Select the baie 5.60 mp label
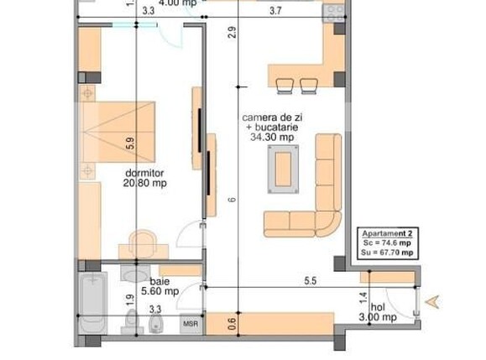point(159,287)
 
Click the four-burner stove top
point(334,11)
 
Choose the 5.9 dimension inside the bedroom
point(129,143)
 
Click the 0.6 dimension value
point(232,320)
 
